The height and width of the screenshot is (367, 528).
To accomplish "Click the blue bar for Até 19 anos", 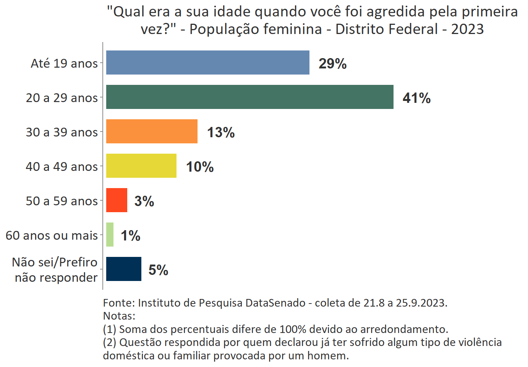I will pos(207,62).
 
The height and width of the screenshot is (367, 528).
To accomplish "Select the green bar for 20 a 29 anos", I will pos(249,97).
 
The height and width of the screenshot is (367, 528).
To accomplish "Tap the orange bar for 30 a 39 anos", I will pos(152,131).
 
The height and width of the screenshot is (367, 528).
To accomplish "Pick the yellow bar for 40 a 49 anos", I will pos(141,166).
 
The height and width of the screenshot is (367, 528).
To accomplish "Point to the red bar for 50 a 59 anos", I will pos(117,200).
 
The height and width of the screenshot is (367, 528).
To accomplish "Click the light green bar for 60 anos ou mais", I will pos(110,234).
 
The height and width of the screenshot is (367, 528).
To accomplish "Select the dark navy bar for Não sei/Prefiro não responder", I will pos(123,269).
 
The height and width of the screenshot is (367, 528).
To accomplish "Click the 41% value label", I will pos(416,98).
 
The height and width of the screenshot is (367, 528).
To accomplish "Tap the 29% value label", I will pos(332,63).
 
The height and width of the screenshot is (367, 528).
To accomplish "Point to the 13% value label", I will pos(221,132).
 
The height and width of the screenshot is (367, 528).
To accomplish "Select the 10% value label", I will pos(200,167).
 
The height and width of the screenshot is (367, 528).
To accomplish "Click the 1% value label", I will pos(130,235).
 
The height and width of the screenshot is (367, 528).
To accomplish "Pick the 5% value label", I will pos(158,270).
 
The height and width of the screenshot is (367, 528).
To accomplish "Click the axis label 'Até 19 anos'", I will pos(64,63).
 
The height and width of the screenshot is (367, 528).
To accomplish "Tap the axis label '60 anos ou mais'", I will pos(52,235).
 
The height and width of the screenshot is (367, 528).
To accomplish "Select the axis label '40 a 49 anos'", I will pos(62,166).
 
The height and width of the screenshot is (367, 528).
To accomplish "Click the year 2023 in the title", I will pos(467,29).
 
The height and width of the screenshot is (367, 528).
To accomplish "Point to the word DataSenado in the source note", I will pos(275,303).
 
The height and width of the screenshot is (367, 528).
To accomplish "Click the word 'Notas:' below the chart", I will pos(119,316).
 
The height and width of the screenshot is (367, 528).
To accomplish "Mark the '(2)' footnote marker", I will pos(110,342).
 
